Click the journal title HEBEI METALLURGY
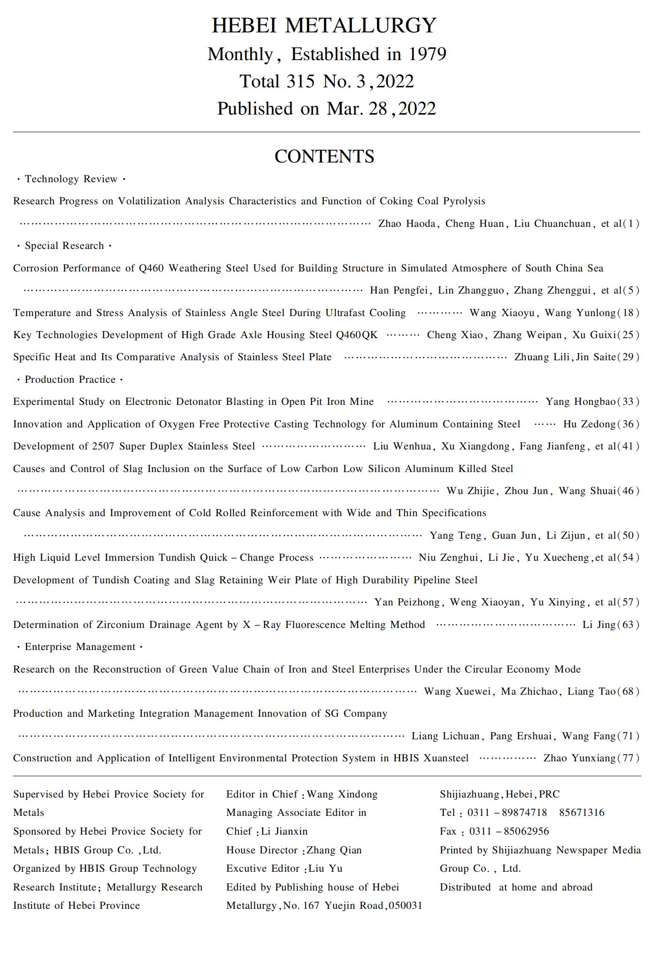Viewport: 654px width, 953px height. (x=324, y=25)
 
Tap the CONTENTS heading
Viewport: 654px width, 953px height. (x=324, y=156)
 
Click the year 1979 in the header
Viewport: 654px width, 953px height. (x=427, y=54)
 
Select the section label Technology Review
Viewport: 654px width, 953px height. (x=71, y=179)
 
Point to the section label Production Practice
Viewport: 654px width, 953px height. (x=70, y=380)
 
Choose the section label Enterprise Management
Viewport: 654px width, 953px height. (x=80, y=647)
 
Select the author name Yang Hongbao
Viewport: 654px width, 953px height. (x=580, y=402)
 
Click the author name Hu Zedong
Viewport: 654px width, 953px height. (x=589, y=424)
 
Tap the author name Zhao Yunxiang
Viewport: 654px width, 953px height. (x=579, y=758)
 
